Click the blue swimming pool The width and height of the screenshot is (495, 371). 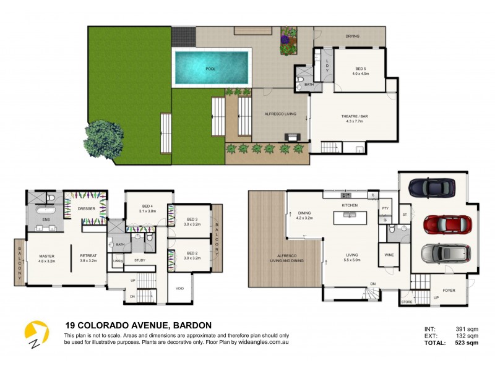212,67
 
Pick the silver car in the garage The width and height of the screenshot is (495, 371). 441,254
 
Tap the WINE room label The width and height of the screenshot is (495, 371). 389,254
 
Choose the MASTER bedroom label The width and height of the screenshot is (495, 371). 47,255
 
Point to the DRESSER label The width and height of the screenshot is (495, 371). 86,208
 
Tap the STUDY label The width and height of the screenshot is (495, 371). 140,260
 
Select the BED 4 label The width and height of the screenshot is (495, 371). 146,206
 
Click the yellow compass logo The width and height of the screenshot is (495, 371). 36,334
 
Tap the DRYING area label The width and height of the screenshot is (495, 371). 352,36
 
